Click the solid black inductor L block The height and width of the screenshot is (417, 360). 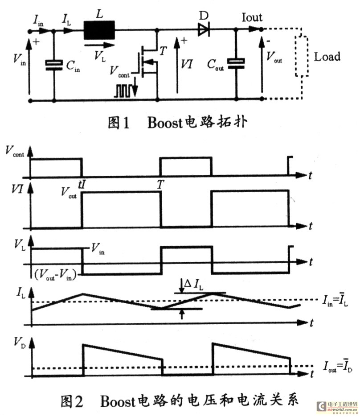(x=99, y=30)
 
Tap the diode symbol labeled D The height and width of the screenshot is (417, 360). (x=204, y=29)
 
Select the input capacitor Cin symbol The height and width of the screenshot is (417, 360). (x=54, y=65)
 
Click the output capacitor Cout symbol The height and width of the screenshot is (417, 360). (x=236, y=64)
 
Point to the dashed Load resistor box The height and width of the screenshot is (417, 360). (x=302, y=56)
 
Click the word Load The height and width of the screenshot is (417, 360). (x=327, y=57)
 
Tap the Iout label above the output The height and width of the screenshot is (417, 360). (x=252, y=17)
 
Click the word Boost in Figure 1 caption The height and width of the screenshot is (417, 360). (x=165, y=123)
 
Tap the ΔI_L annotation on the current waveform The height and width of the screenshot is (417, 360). (x=194, y=284)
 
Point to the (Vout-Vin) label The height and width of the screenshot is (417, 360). (x=55, y=274)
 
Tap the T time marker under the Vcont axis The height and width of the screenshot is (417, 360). (x=160, y=184)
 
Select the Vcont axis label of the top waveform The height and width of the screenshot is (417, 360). (x=15, y=151)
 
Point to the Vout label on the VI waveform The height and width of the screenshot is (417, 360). (x=69, y=193)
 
